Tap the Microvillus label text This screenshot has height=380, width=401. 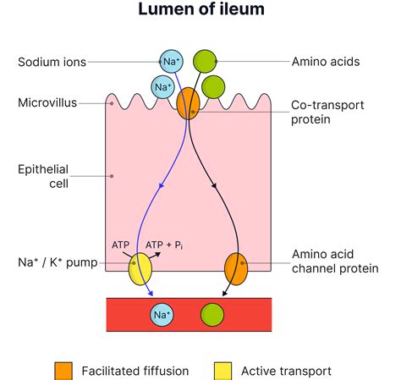pos(47,103)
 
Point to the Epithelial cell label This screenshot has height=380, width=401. pos(42,176)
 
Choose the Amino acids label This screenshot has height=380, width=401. pos(327,62)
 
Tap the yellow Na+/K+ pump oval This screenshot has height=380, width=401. pos(140,271)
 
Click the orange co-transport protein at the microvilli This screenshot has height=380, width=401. pos(188,103)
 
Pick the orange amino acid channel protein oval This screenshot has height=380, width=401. pos(235,271)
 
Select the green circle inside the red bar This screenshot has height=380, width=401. pos(211,316)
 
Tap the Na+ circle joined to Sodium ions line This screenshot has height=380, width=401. pos(171,61)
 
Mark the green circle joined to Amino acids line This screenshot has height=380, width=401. pos(205,61)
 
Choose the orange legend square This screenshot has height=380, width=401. pos(63,371)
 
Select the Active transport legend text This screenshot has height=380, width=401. pos(286,371)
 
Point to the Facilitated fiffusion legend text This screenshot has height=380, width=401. pos(135,371)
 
